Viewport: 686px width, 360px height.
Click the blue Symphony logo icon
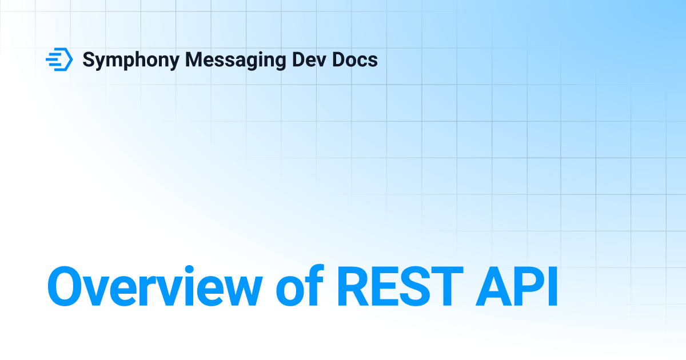pos(59,59)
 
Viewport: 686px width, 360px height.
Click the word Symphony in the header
pos(131,61)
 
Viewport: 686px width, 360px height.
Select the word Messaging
pos(236,61)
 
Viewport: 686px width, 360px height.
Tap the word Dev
pos(309,59)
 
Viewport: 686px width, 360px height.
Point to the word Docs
pos(355,59)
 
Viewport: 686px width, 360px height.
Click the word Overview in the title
pos(155,286)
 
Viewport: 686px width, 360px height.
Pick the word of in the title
pos(300,285)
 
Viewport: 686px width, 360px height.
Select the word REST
pos(400,286)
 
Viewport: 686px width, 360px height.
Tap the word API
pos(517,286)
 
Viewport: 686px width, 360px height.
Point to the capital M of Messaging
pos(196,59)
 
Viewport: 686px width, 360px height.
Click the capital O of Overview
pos(65,286)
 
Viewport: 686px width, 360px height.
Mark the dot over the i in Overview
pos(189,270)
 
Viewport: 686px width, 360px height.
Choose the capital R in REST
pos(353,286)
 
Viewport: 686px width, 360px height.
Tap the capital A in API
pos(494,286)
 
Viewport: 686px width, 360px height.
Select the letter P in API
pos(530,286)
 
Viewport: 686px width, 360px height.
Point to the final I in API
pos(553,286)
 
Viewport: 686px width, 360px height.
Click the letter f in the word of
pos(314,285)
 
